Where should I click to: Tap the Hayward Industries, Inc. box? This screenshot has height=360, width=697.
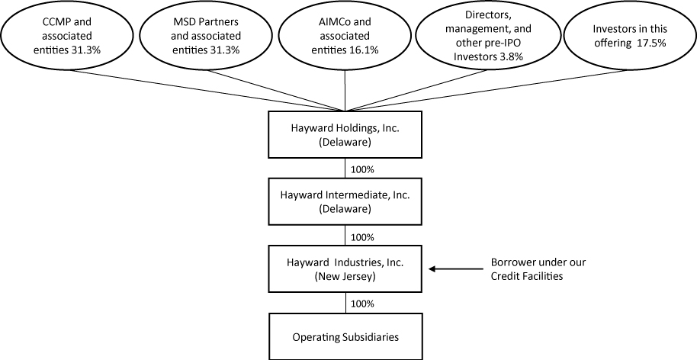[x=346, y=268]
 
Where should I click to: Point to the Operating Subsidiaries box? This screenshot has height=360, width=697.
[x=346, y=336]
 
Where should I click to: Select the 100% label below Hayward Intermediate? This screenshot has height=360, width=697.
[x=361, y=236]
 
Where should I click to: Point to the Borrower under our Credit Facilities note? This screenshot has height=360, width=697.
[x=537, y=269]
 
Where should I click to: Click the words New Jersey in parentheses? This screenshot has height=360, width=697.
[x=346, y=275]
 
